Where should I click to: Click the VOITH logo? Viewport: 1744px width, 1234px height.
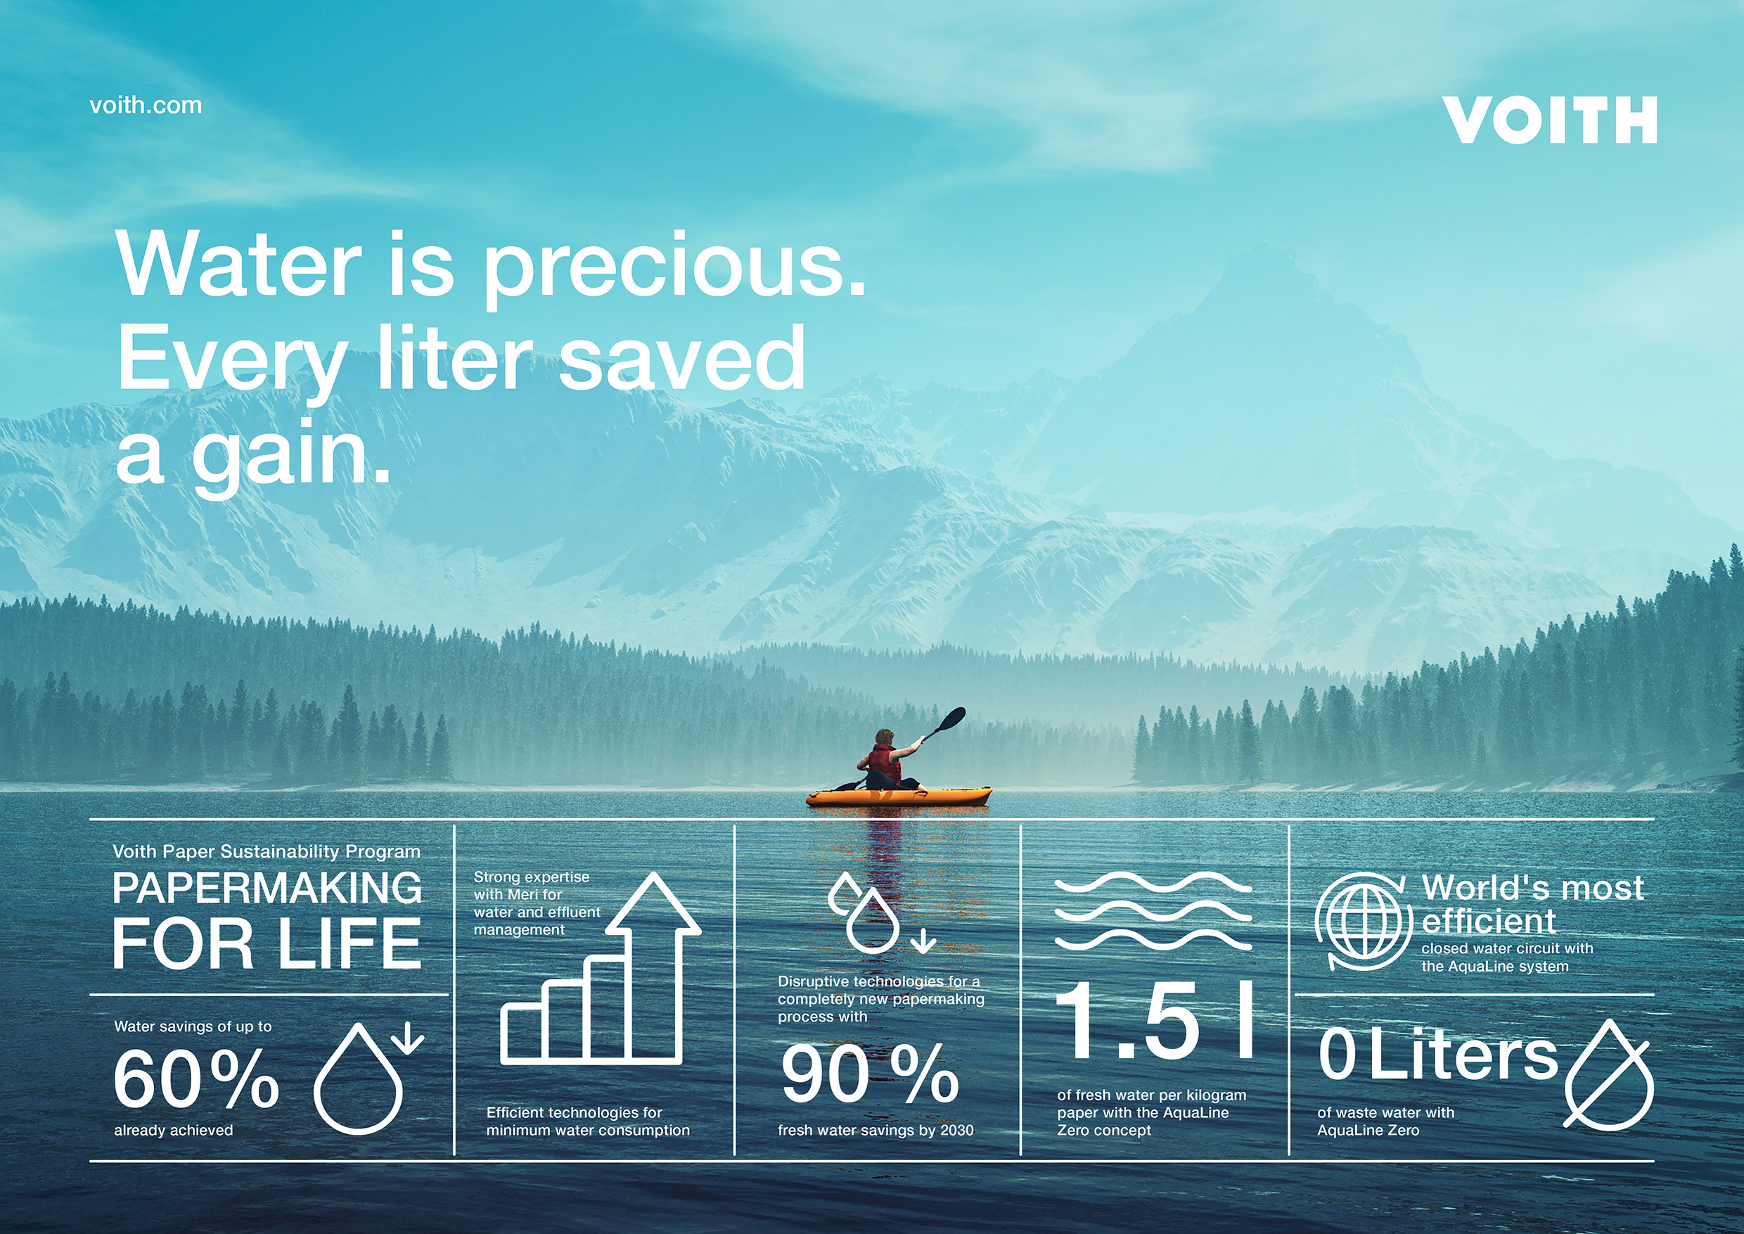click(1549, 120)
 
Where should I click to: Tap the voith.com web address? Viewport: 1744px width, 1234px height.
click(146, 105)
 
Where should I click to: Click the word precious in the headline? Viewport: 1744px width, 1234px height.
click(674, 267)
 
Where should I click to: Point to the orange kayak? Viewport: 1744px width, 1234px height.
click(899, 796)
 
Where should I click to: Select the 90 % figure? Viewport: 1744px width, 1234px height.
click(870, 1073)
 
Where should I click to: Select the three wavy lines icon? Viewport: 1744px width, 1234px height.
click(1154, 911)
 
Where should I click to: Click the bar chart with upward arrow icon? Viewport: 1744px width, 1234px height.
click(600, 968)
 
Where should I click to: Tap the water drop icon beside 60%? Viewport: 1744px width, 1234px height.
click(368, 1078)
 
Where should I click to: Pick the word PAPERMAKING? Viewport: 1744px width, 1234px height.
click(267, 887)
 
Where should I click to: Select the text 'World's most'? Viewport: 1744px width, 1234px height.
click(1533, 887)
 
